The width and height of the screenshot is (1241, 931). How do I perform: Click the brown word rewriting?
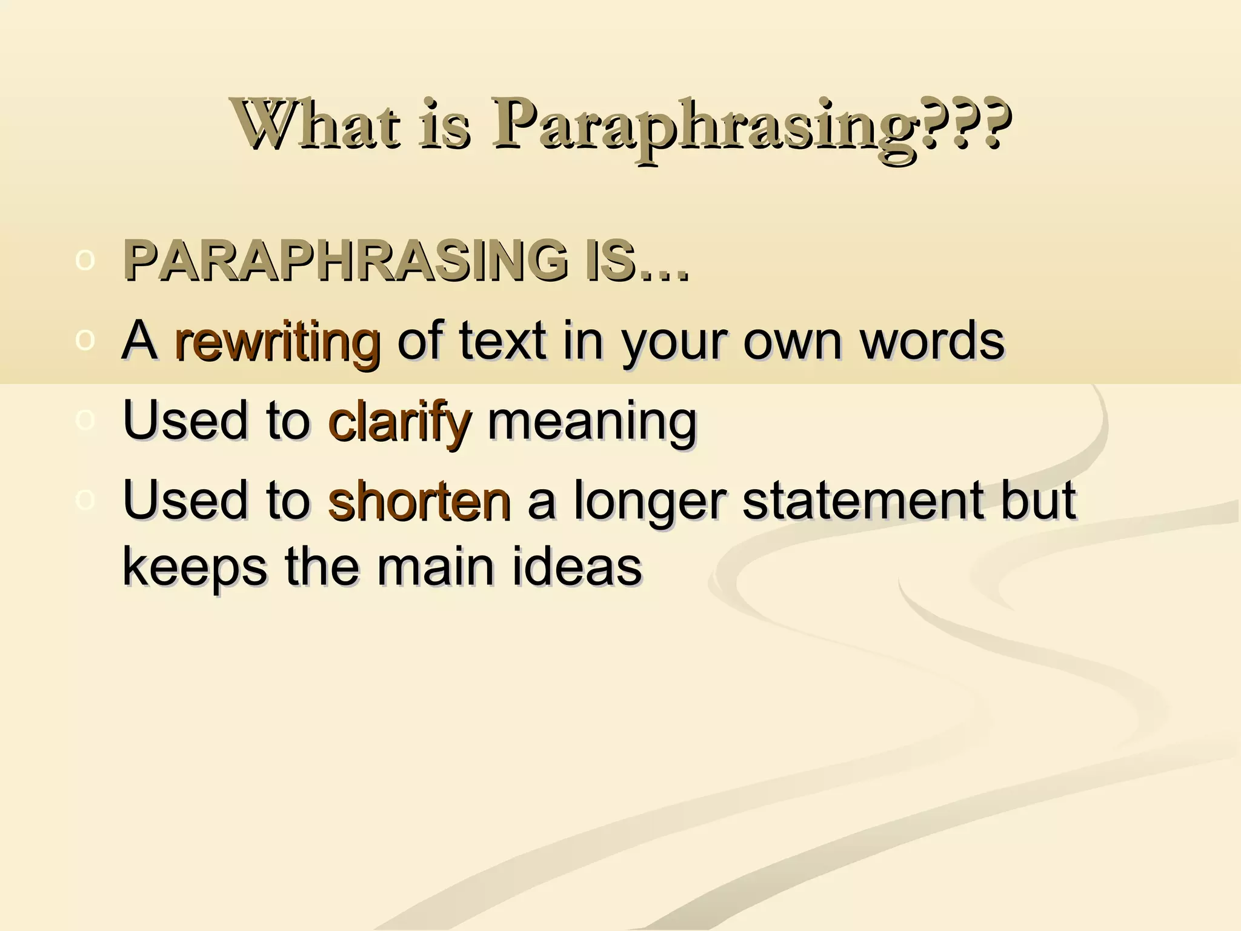click(x=277, y=342)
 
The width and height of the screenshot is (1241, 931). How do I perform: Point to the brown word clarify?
click(x=399, y=422)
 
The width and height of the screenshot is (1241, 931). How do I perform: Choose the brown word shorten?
click(x=419, y=501)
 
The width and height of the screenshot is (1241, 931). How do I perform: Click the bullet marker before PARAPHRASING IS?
click(x=85, y=261)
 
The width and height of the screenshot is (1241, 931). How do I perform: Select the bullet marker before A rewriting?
click(x=85, y=341)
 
